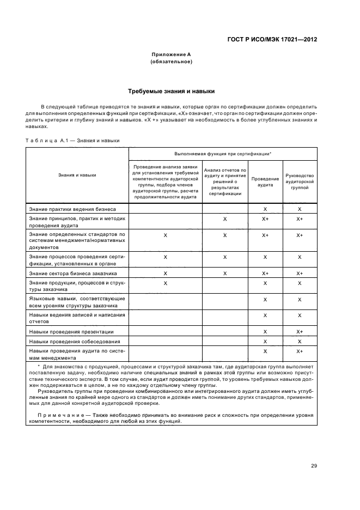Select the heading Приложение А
[171, 54]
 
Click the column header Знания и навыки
[77, 175]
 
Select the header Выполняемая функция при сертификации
[223, 154]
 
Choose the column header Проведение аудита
[265, 181]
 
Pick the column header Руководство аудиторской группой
[300, 181]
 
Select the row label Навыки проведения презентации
[71, 331]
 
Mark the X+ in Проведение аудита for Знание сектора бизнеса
[265, 272]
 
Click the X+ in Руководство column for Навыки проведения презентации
[300, 331]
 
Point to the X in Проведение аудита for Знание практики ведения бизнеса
[265, 209]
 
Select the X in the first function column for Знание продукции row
[165, 283]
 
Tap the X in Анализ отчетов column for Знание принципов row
[225, 219]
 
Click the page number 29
[314, 465]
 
